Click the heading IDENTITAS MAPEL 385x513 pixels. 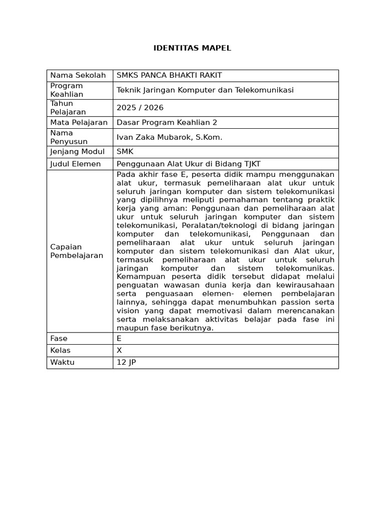pyautogui.click(x=192, y=48)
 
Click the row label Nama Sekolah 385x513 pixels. pyautogui.click(x=78, y=76)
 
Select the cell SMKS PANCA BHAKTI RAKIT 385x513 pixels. pyautogui.click(x=169, y=76)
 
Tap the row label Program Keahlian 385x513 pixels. pyautogui.click(x=67, y=90)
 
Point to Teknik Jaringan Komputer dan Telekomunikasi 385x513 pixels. pyautogui.click(x=205, y=90)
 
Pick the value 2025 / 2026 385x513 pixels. pyautogui.click(x=140, y=108)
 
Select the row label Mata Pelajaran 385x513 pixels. pyautogui.click(x=79, y=122)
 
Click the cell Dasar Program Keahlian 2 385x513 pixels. pyautogui.click(x=166, y=122)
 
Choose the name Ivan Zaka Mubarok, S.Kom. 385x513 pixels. pyautogui.click(x=169, y=137)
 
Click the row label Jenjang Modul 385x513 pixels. pyautogui.click(x=77, y=152)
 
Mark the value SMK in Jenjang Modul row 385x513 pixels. pyautogui.click(x=125, y=152)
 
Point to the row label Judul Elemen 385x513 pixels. pyautogui.click(x=75, y=164)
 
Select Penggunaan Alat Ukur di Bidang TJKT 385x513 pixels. pyautogui.click(x=188, y=164)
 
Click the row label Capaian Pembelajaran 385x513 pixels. pyautogui.click(x=76, y=251)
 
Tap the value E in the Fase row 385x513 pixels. pyautogui.click(x=119, y=339)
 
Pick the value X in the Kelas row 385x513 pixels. pyautogui.click(x=119, y=351)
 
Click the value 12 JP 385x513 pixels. pyautogui.click(x=126, y=363)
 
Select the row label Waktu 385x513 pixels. pyautogui.click(x=62, y=363)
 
